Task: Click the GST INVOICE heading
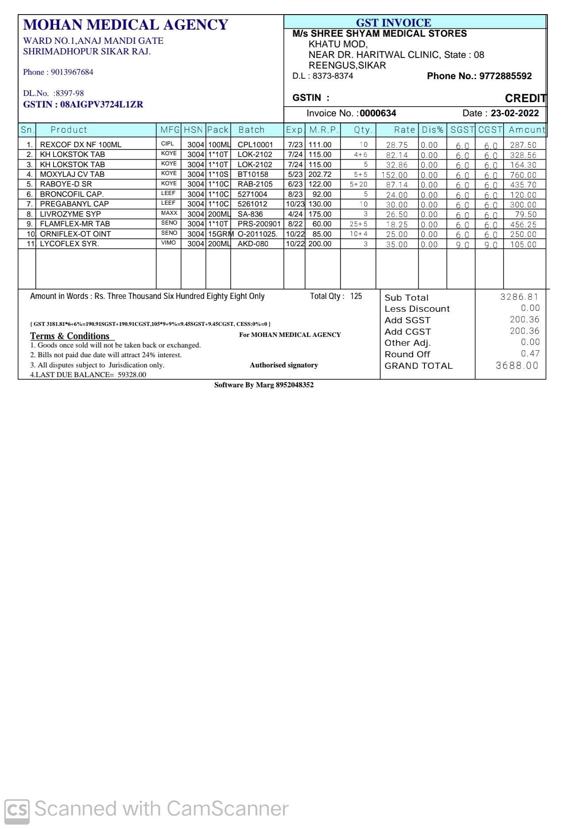(393, 23)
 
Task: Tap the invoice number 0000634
(378, 113)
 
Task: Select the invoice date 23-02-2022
(515, 113)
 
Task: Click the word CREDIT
(525, 98)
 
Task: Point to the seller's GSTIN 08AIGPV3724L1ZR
(101, 105)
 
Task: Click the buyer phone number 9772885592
(505, 76)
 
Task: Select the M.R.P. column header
(323, 130)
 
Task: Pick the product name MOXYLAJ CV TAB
(72, 174)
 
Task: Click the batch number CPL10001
(255, 145)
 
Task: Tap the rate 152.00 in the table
(394, 175)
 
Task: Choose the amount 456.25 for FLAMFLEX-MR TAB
(523, 225)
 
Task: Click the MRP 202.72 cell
(320, 174)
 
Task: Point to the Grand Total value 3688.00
(517, 366)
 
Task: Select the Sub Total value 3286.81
(519, 297)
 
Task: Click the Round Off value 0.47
(530, 353)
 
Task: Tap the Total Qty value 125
(356, 296)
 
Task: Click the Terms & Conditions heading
(70, 336)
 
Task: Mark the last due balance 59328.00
(132, 374)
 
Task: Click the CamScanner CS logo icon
(17, 809)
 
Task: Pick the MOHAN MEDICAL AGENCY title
(126, 25)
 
